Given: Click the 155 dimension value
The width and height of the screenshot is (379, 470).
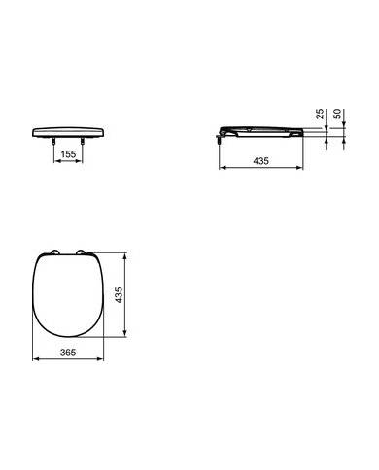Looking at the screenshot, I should [66, 153].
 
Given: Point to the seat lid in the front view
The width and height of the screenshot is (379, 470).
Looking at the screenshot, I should [67, 129].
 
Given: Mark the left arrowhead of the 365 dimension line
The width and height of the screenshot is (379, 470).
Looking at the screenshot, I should [35, 359].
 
